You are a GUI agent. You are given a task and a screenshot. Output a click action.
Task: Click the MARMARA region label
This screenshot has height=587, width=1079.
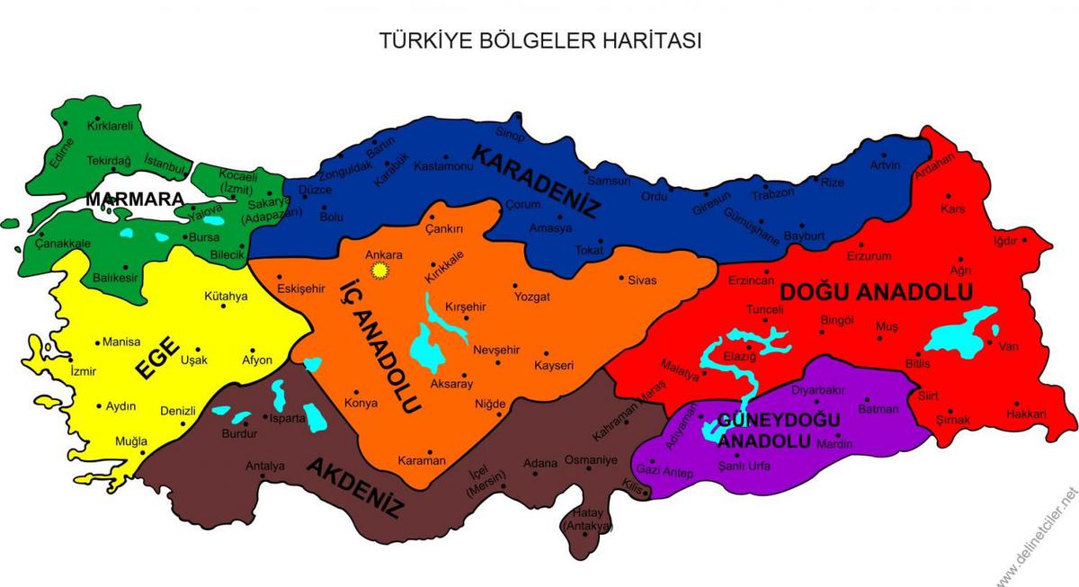pyautogui.click(x=135, y=198)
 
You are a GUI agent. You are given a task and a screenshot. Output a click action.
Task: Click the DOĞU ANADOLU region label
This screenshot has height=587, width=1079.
pyautogui.click(x=877, y=292)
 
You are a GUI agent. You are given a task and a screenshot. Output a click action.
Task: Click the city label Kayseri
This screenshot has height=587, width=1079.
pyautogui.click(x=554, y=365)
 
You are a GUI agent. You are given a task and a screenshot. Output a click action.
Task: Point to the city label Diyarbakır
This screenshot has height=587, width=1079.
pyautogui.click(x=817, y=390)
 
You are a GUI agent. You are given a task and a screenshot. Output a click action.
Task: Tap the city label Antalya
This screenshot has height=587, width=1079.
pyautogui.click(x=265, y=466)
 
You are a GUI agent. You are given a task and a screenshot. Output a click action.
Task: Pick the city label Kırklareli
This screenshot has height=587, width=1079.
pyautogui.click(x=110, y=127)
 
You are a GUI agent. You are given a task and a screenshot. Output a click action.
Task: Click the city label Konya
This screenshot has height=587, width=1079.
pyautogui.click(x=361, y=404)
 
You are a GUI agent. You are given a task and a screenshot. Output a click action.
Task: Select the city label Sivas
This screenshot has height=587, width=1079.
pyautogui.click(x=642, y=280)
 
